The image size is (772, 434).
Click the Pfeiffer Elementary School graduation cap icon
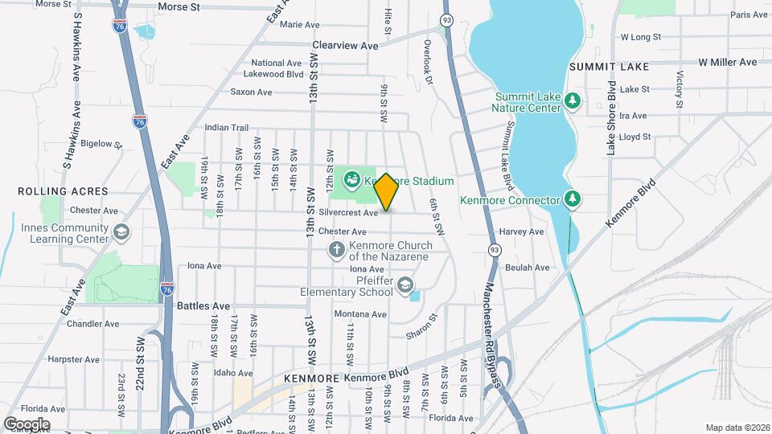(406, 285)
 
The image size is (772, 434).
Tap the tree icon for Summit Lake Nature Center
(573, 101)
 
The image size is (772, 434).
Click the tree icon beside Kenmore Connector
(573, 199)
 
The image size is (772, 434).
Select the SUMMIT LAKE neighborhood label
(603, 67)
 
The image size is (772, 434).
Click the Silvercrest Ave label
(348, 213)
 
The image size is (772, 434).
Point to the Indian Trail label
(227, 127)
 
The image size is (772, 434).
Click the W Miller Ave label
(727, 62)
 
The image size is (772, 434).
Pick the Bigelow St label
(101, 145)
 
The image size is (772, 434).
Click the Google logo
(27, 424)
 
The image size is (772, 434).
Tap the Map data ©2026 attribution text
(737, 428)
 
